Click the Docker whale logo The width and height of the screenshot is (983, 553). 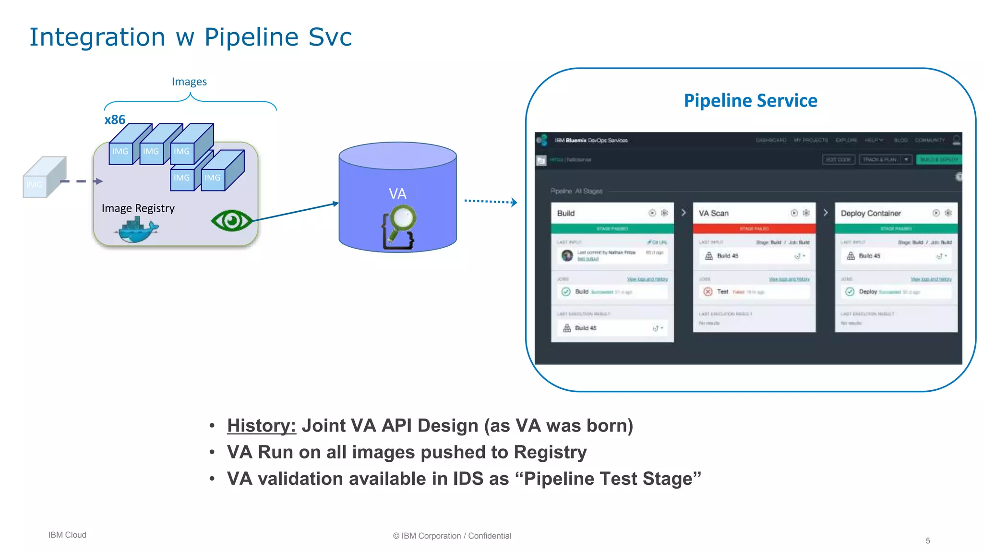(x=137, y=230)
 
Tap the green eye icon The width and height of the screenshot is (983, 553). (x=232, y=221)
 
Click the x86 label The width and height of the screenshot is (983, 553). (x=115, y=120)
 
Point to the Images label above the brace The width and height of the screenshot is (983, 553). (x=189, y=82)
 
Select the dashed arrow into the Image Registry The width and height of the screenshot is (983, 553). (x=81, y=181)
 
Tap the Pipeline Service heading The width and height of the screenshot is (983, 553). (x=750, y=101)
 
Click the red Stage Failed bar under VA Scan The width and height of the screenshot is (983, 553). (x=754, y=228)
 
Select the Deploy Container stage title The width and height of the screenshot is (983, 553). (x=871, y=213)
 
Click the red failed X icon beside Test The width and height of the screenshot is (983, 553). (x=707, y=291)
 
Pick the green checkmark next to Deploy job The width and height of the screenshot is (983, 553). (x=850, y=291)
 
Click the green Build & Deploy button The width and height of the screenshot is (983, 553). (x=938, y=159)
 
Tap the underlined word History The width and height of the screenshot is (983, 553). (x=261, y=426)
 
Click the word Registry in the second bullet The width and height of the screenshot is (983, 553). (x=550, y=452)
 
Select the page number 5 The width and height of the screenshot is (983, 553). (x=928, y=541)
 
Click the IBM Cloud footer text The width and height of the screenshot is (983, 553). (x=67, y=535)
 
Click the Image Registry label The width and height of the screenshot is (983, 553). (x=138, y=208)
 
